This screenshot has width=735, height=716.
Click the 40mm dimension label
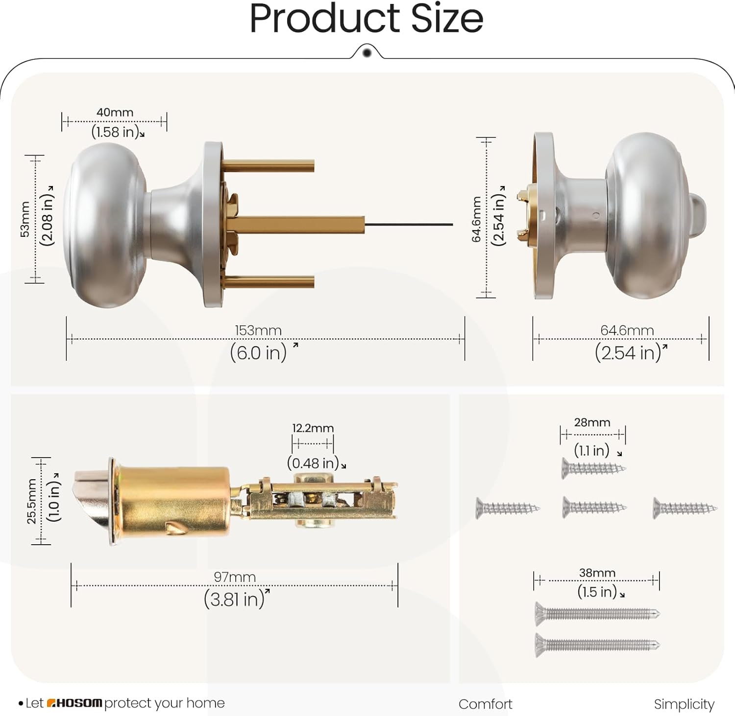(115, 112)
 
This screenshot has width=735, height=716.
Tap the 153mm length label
(258, 330)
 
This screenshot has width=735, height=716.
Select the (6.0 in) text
(258, 352)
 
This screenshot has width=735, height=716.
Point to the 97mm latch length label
(235, 577)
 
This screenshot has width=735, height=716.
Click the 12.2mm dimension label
(313, 428)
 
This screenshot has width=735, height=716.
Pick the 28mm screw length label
(592, 422)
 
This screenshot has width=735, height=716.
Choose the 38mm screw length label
(597, 573)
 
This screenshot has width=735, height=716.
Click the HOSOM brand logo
(74, 703)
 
